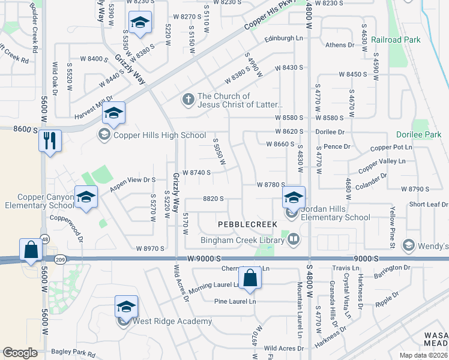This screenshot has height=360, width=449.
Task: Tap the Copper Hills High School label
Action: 157,135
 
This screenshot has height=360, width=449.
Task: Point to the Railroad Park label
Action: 396,40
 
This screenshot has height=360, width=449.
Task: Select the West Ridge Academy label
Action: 172,321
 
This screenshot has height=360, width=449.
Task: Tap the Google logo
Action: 20,353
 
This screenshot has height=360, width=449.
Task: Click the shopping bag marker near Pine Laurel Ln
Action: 250,278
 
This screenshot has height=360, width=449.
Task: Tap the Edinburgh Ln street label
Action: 284,38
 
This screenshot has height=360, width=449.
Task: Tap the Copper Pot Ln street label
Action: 391,147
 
